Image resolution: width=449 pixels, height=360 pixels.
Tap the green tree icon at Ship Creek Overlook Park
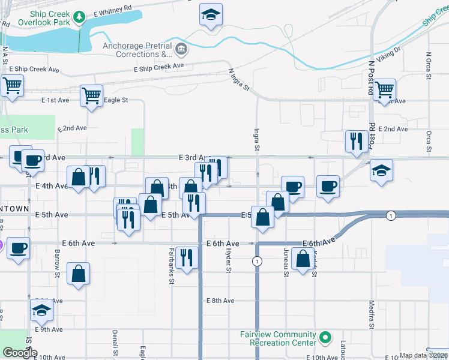pyautogui.click(x=79, y=18)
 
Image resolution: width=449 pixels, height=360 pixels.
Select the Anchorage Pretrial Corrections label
pyautogui.click(x=137, y=50)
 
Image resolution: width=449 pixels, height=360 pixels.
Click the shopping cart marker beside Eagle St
pyautogui.click(x=91, y=96)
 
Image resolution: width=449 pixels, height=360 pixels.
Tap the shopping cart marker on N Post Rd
pyautogui.click(x=385, y=90)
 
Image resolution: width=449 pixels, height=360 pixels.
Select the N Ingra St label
pyautogui.click(x=239, y=79)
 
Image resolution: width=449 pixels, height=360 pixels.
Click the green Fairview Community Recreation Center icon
pyautogui.click(x=325, y=338)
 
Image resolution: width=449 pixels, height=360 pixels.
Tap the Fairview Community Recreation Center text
pyautogui.click(x=278, y=338)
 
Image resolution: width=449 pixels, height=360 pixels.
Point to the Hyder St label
pyautogui.click(x=228, y=261)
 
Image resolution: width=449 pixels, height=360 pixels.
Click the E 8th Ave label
pyautogui.click(x=220, y=301)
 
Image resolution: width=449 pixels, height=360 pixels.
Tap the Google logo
pyautogui.click(x=20, y=353)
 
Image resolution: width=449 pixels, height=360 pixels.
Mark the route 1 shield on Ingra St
pyautogui.click(x=257, y=261)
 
